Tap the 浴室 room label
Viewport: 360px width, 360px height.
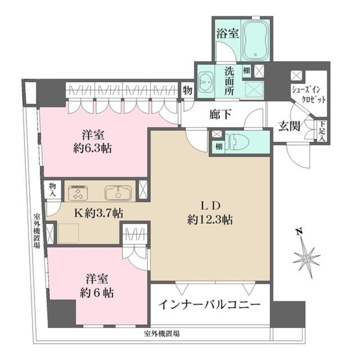pyautogui.click(x=228, y=33)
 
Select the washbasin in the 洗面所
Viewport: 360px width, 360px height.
pyautogui.click(x=206, y=84)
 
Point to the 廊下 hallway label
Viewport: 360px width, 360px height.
pyautogui.click(x=220, y=114)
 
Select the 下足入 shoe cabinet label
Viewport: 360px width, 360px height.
pyautogui.click(x=322, y=131)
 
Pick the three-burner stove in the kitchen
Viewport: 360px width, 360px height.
pyautogui.click(x=78, y=192)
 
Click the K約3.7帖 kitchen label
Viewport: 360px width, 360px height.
pyautogui.click(x=98, y=213)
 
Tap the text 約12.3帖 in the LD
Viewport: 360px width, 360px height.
pyautogui.click(x=210, y=220)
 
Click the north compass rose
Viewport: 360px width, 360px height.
pyautogui.click(x=306, y=258)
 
